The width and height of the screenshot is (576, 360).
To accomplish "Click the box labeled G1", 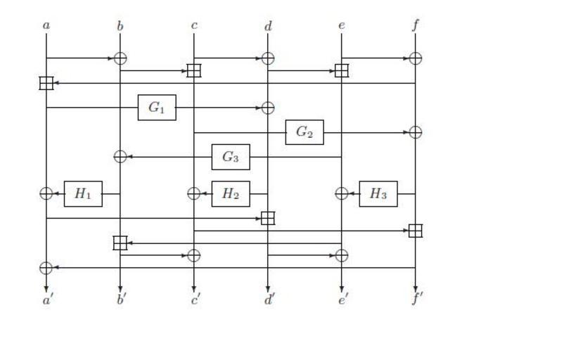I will point(157,108).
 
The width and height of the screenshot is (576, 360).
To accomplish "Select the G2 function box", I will point(305,132).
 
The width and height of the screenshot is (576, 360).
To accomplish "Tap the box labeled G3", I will point(231,157).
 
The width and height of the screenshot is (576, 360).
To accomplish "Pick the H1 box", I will point(83,193).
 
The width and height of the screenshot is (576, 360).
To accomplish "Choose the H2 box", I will point(231,193).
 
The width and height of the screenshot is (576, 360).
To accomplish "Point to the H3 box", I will point(378,193).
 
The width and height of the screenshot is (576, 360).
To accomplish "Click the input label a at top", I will point(46,26).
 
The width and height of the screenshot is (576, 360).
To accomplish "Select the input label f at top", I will point(416,26).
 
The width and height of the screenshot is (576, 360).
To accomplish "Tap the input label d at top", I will point(268,26).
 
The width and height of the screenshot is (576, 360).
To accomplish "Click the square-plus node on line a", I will point(46,83).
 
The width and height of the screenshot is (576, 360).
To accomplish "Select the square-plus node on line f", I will point(416,231).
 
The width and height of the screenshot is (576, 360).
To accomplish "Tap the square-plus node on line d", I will point(268,218).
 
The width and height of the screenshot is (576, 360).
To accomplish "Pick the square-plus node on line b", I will point(120,243).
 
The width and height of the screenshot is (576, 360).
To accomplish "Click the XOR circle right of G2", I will point(416,132).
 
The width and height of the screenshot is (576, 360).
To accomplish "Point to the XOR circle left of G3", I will point(120,157).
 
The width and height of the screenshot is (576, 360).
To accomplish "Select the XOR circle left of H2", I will point(194,193).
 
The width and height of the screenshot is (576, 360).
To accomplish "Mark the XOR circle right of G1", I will point(268,108).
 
